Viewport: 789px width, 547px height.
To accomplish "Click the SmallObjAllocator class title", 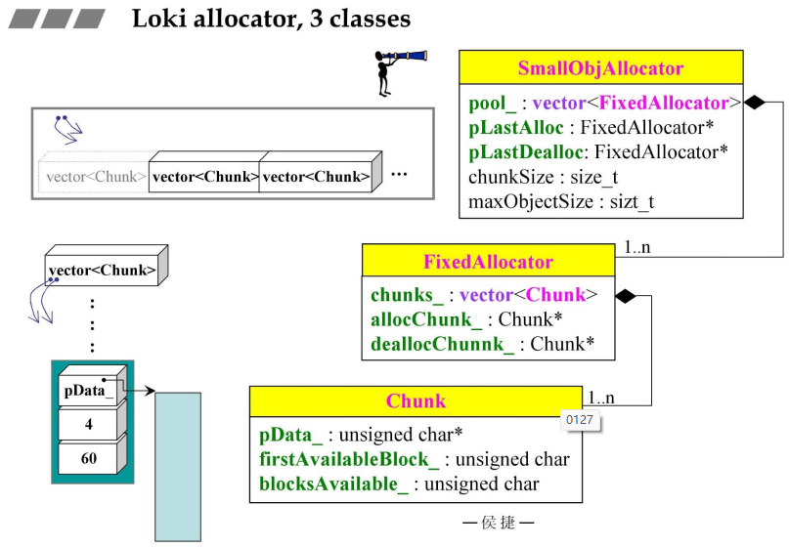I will tap(600, 68).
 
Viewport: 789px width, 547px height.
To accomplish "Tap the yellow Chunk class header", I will tap(416, 400).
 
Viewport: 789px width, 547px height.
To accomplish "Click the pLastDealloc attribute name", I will tap(526, 152).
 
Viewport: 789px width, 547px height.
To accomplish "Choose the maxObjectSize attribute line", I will tap(561, 202).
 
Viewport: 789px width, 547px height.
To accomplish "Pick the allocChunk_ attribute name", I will tap(426, 319).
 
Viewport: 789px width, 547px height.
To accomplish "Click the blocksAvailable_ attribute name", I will tap(333, 484).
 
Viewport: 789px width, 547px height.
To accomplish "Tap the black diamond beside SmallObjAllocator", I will tap(754, 102).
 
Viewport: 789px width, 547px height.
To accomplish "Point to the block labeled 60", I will tap(89, 457).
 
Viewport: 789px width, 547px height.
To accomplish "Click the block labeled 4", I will tap(89, 425).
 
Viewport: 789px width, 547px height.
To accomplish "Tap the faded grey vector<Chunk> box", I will tap(96, 178).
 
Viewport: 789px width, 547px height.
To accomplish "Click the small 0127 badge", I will tap(580, 421).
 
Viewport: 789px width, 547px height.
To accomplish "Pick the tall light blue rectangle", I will tap(178, 465).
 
